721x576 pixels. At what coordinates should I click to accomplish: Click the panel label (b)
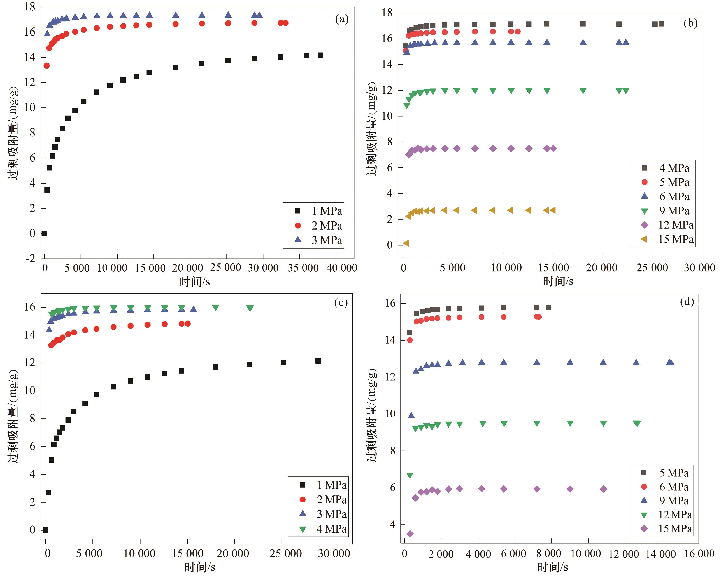point(690,23)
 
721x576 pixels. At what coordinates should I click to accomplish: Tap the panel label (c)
point(341,303)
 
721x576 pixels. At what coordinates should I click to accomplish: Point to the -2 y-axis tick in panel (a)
point(31,258)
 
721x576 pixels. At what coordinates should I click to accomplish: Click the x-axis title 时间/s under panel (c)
point(200,567)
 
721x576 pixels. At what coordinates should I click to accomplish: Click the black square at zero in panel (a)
point(44,233)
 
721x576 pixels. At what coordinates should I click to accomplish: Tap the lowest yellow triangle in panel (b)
point(406,243)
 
